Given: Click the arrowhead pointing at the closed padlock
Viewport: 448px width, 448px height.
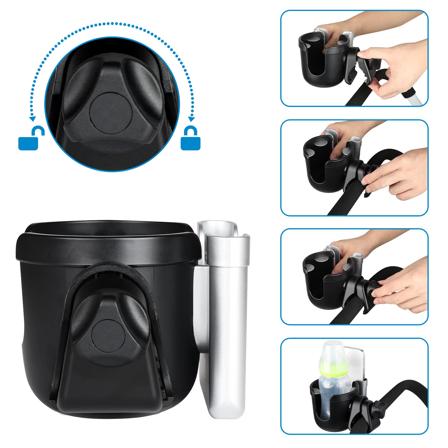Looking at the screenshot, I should [x=191, y=119].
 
